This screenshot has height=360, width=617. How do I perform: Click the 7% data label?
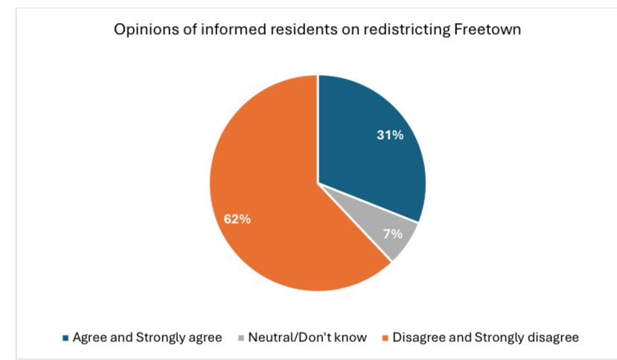tap(393, 234)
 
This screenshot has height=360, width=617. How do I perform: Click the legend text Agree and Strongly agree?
tap(147, 338)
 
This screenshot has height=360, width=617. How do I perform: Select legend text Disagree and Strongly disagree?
tap(485, 338)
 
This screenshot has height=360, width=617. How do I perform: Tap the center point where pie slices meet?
tap(318, 182)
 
